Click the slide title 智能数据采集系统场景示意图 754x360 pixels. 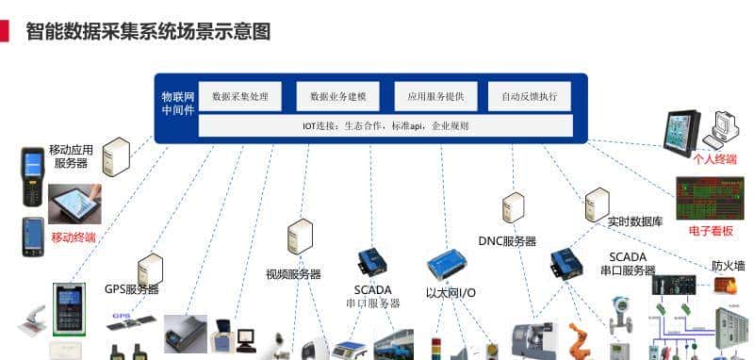[148, 32]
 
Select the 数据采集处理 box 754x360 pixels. [240, 96]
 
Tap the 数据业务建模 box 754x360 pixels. [336, 96]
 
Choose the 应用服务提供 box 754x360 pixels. [434, 96]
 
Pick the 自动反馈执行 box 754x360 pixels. [529, 96]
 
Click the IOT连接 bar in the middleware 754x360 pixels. [385, 125]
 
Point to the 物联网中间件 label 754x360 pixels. [178, 103]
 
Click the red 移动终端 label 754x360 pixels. [74, 237]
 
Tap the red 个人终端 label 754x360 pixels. [714, 159]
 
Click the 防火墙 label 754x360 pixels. [728, 266]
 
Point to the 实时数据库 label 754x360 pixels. [635, 221]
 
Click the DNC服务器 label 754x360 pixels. [507, 241]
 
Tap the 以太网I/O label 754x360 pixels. [451, 293]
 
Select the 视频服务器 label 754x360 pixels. [293, 274]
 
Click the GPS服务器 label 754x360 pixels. [132, 289]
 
